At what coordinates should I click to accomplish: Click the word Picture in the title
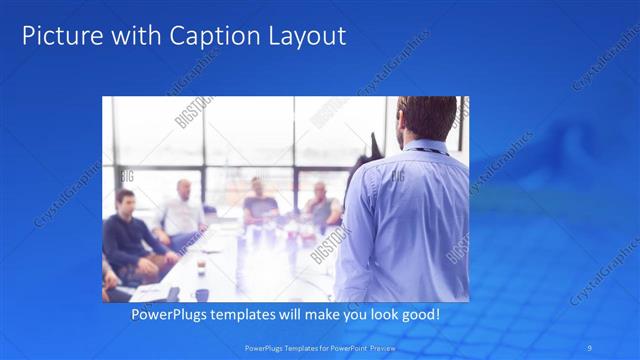tap(59, 37)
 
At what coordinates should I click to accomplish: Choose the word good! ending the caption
tap(418, 315)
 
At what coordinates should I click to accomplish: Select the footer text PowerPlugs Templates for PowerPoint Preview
tap(320, 348)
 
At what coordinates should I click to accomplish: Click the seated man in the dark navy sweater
tap(129, 235)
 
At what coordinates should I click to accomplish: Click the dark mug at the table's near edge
tap(201, 294)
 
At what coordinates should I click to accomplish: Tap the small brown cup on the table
tap(201, 263)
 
